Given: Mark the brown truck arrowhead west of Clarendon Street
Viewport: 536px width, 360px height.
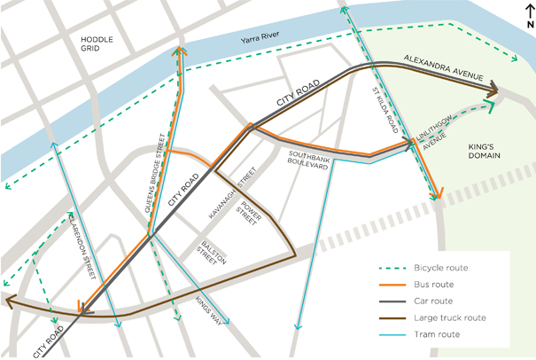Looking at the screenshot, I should coord(9,302).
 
